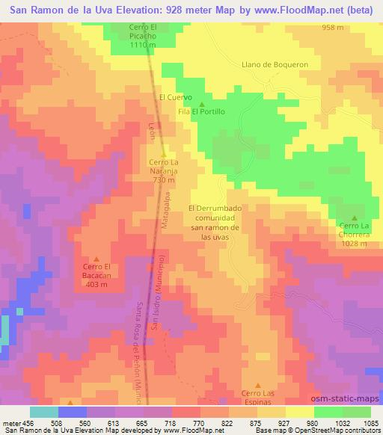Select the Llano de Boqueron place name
coord(275,64)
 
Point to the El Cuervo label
coord(176,97)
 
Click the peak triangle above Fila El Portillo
coord(201,103)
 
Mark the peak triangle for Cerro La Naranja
coord(163,154)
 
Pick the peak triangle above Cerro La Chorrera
coord(355,217)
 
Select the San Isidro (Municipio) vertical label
coord(158,292)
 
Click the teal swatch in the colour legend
coord(44,412)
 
